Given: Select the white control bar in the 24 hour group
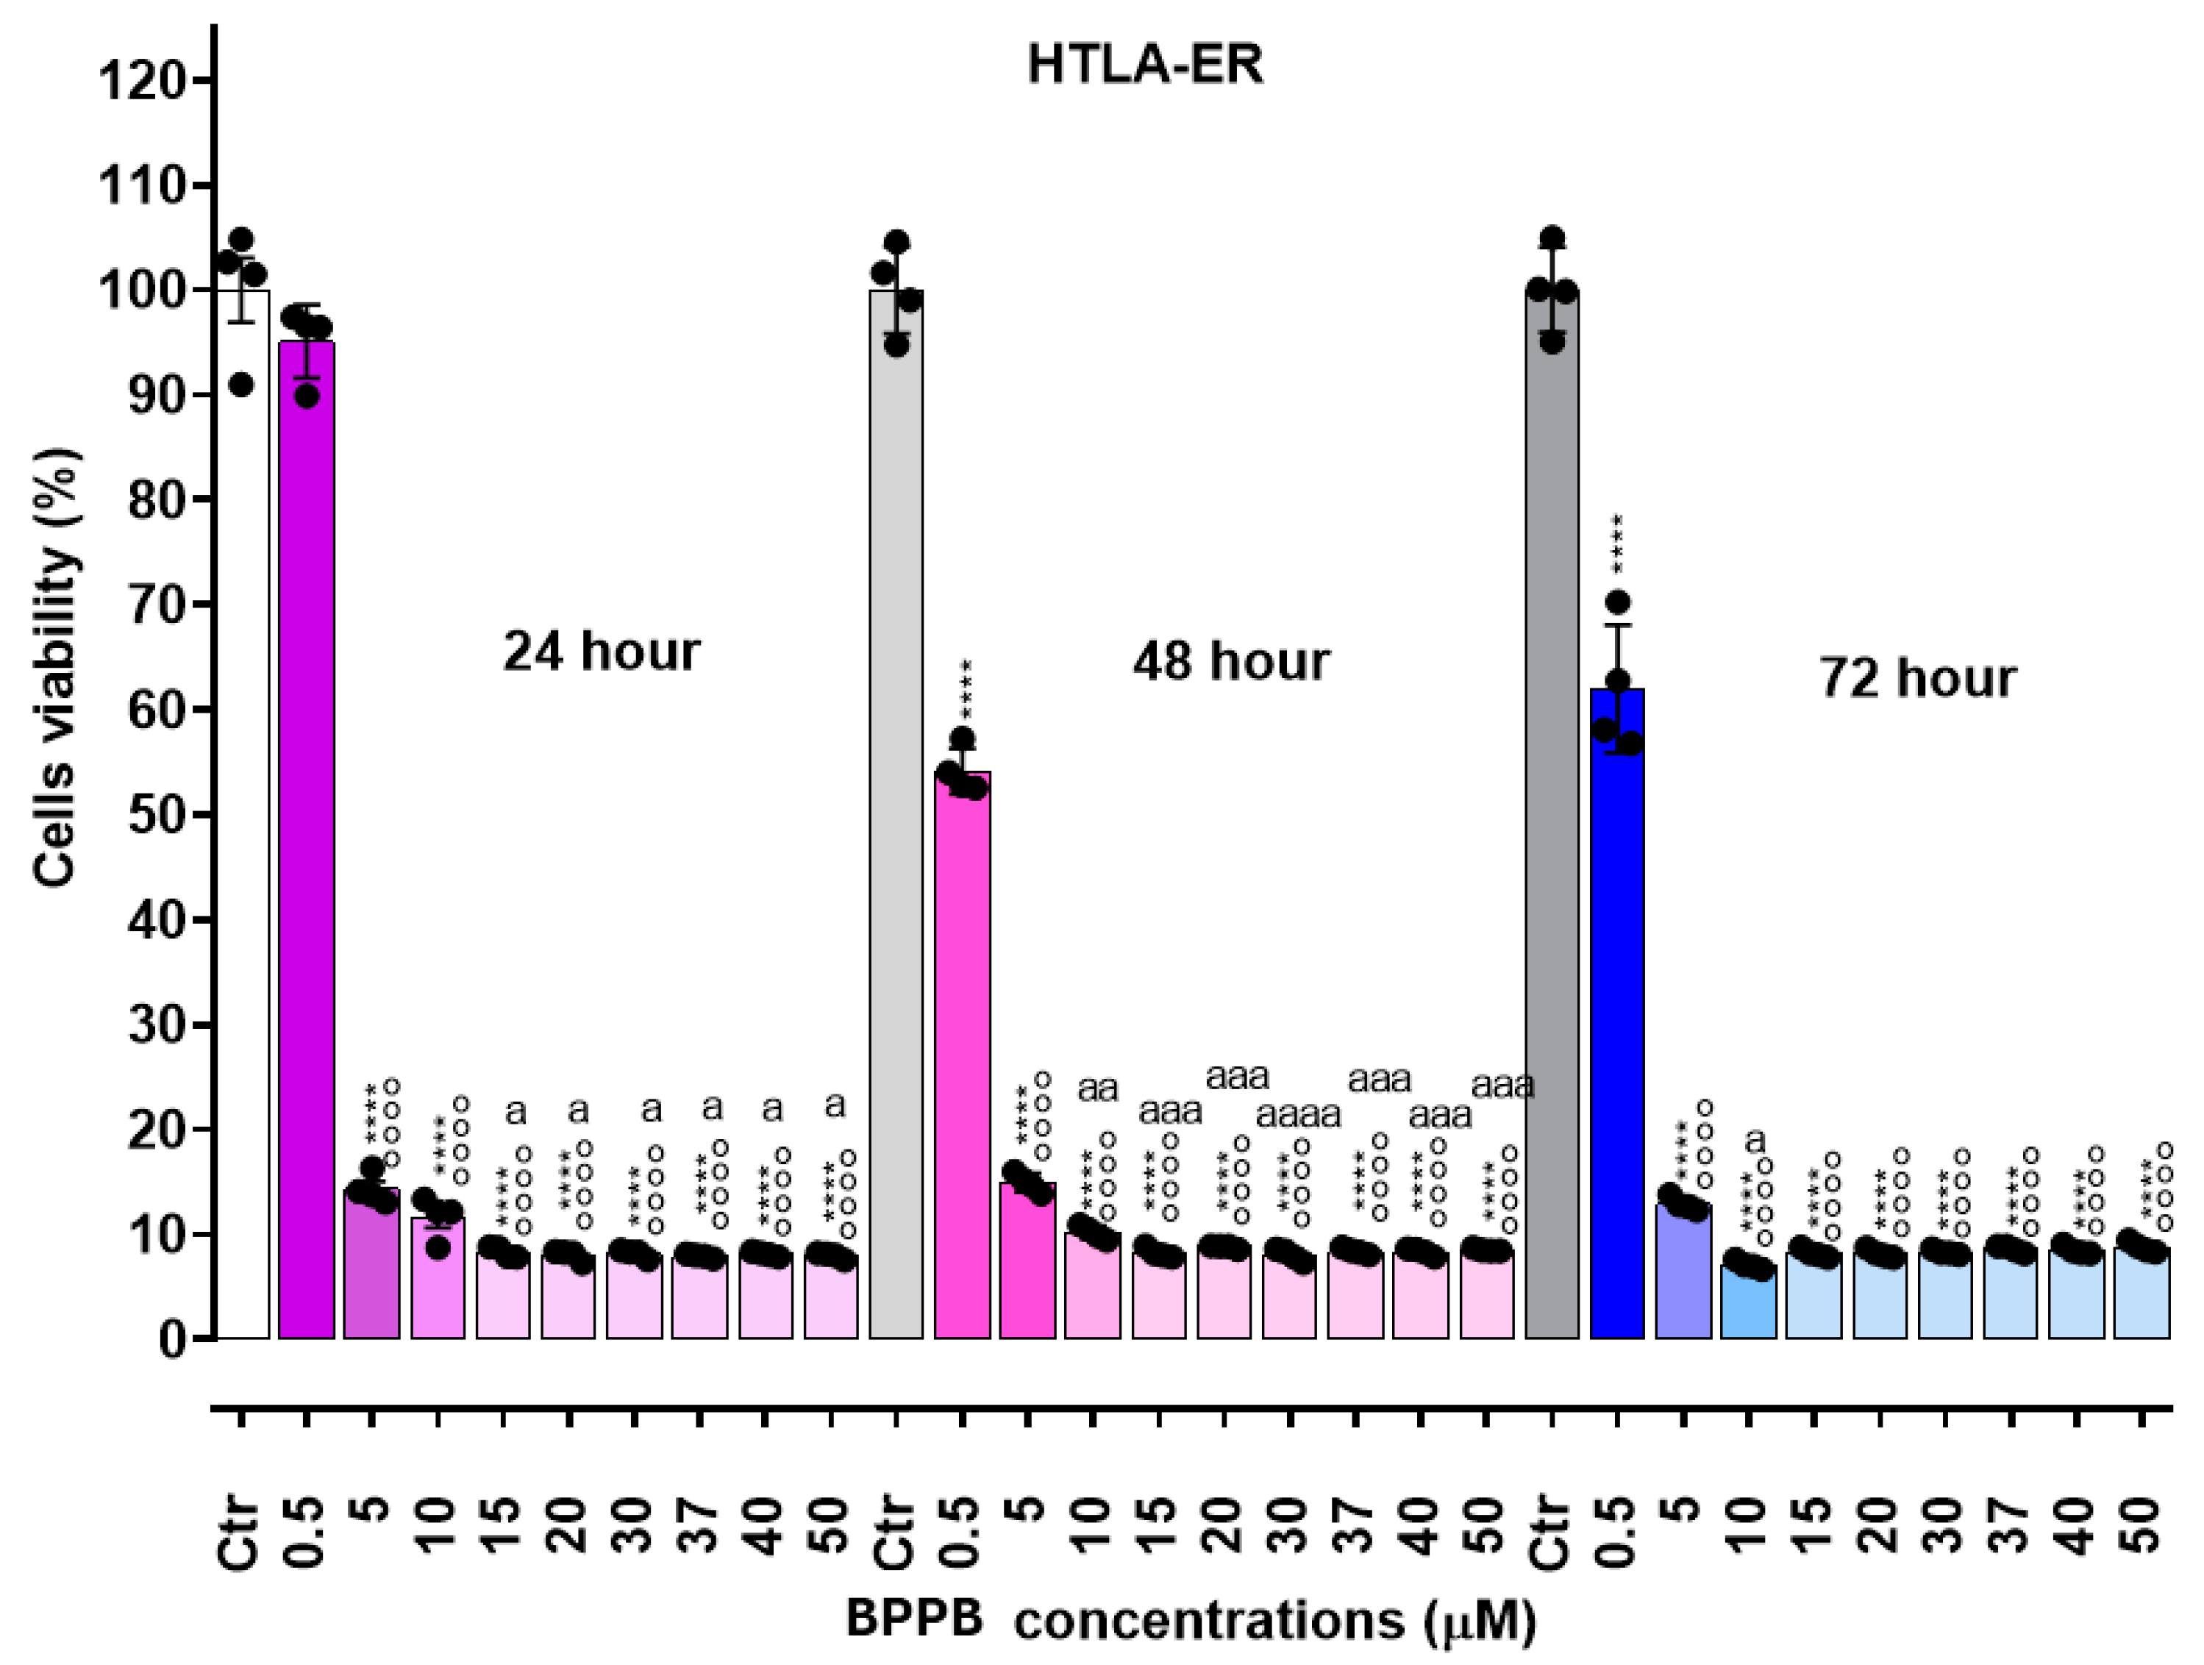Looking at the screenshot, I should (x=241, y=817).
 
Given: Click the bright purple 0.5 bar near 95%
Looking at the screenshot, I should (x=307, y=847).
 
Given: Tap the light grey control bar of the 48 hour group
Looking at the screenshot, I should (x=896, y=817).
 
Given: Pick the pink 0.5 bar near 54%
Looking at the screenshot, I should (x=963, y=1056).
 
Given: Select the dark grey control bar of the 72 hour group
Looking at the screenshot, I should (x=1552, y=817).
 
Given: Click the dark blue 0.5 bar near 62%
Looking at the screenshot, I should (x=1617, y=1016).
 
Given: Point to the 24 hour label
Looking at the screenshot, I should (x=601, y=652).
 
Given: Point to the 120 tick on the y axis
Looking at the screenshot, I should (x=140, y=81).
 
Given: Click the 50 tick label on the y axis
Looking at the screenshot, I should (x=154, y=815).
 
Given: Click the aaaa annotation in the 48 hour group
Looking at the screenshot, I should (x=1298, y=1115).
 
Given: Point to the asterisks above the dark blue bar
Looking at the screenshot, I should (x=1617, y=544).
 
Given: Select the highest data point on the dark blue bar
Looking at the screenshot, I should (x=1617, y=602).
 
